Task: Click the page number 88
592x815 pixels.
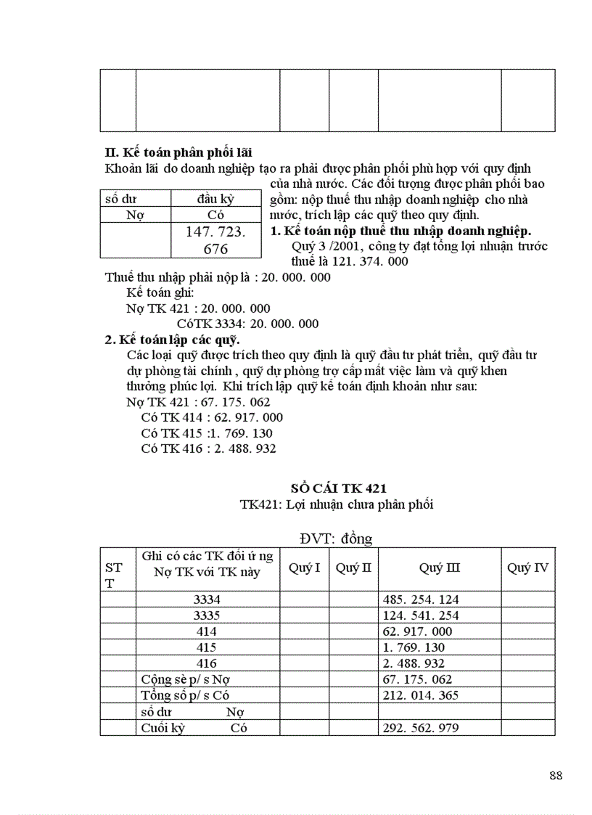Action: tap(556, 775)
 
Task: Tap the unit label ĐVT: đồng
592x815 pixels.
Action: tap(335, 538)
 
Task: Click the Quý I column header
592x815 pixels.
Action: tap(305, 568)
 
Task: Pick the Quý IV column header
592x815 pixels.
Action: tap(527, 568)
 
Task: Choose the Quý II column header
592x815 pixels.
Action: tap(353, 568)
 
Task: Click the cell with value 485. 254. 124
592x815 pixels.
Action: tap(420, 599)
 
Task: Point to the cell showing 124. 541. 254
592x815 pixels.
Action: tap(420, 615)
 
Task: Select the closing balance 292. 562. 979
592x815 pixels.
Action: tap(420, 727)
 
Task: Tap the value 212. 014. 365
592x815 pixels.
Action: tap(420, 695)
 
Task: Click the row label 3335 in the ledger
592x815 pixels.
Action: tap(207, 615)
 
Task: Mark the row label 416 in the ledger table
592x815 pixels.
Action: tap(207, 663)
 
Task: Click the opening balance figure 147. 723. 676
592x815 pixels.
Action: tap(216, 240)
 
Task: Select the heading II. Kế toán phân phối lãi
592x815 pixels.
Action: tap(178, 152)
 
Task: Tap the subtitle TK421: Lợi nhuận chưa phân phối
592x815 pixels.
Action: tap(337, 504)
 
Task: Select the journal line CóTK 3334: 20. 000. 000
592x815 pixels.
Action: tap(247, 324)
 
